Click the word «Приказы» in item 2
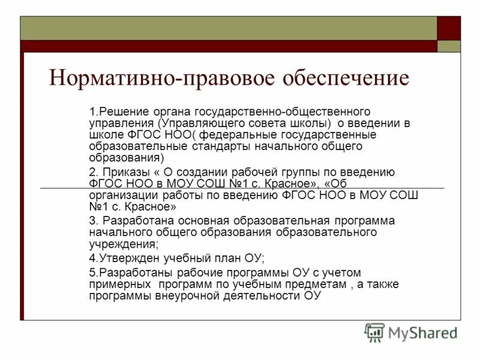(x=124, y=173)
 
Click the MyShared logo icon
(x=374, y=332)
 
